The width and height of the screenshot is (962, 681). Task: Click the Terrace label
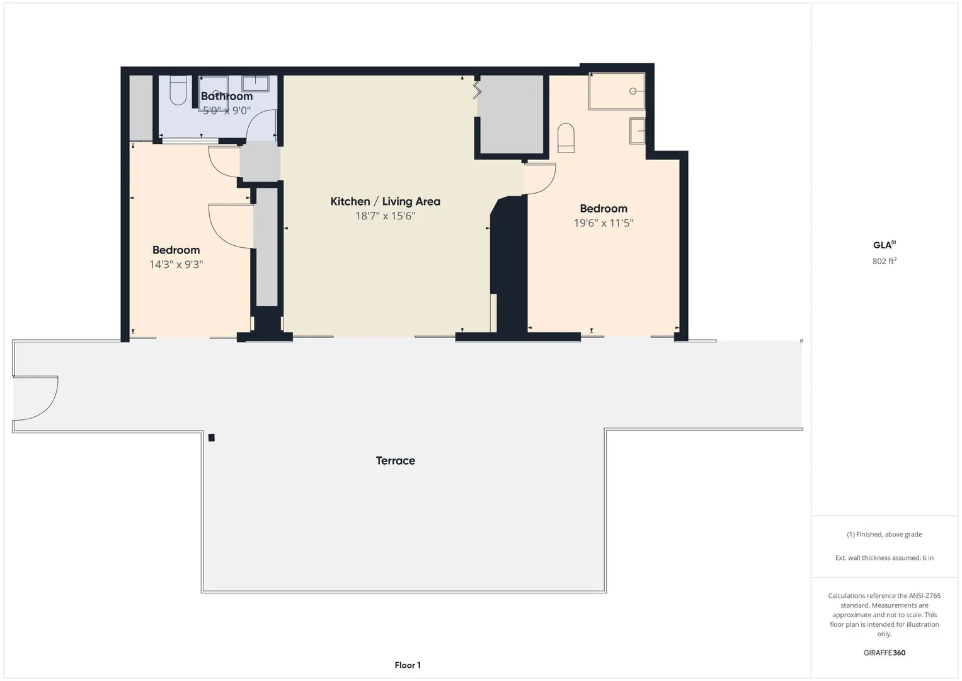(x=395, y=461)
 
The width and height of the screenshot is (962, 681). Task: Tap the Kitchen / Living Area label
(x=385, y=201)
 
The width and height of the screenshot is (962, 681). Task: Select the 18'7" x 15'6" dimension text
(x=385, y=216)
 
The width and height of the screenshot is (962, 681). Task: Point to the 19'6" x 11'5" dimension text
(x=604, y=223)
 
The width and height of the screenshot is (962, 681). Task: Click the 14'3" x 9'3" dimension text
(x=176, y=264)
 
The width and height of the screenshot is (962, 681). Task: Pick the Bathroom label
(x=227, y=96)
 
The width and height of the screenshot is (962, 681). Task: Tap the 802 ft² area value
(x=885, y=261)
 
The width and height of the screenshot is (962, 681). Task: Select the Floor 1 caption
(x=408, y=665)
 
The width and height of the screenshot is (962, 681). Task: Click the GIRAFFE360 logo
(x=885, y=653)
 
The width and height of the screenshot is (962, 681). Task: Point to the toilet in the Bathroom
(x=178, y=90)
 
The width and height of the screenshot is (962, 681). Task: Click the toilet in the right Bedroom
(x=566, y=138)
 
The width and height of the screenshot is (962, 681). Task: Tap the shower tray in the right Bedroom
(x=617, y=91)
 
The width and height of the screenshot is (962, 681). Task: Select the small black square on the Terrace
(x=211, y=438)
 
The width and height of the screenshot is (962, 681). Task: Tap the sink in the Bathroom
(x=255, y=84)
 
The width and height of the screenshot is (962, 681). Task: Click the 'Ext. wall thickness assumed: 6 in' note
(x=885, y=557)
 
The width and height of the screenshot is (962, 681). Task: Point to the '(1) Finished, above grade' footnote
(x=885, y=535)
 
